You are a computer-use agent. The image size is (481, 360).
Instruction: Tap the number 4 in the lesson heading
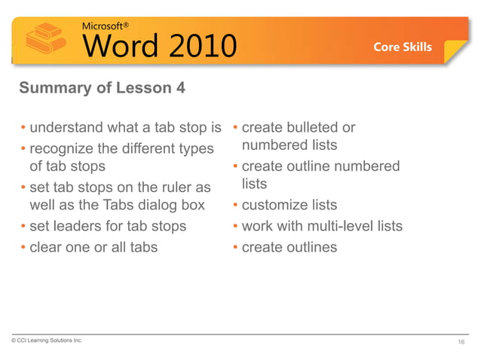coord(179,89)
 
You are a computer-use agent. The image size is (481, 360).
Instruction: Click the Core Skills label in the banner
coord(403,47)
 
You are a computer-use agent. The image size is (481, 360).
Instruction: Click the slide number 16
coord(461,343)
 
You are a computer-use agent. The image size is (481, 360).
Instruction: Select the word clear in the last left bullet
coord(46,246)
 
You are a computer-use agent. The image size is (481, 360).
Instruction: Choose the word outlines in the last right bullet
coord(310,246)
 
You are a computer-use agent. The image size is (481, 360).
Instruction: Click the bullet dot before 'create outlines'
coord(235,246)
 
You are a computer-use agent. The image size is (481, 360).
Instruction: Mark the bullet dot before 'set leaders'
coord(23,225)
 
